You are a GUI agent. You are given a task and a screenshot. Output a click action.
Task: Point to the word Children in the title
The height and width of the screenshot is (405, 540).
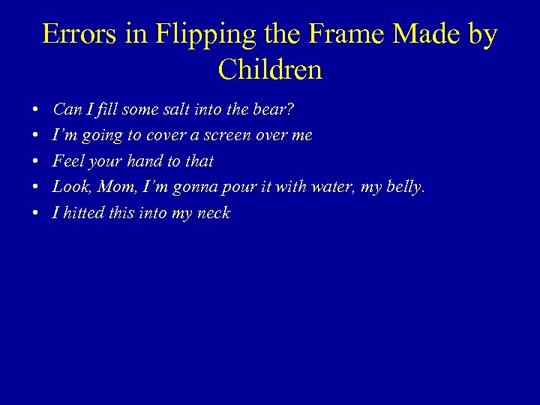coord(270,70)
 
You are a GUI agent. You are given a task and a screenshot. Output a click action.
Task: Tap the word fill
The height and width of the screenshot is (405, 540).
coord(106,109)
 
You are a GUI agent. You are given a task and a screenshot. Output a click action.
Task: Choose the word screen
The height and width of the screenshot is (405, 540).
coord(226,136)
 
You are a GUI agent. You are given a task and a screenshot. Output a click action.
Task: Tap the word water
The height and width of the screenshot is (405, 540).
coord(331,187)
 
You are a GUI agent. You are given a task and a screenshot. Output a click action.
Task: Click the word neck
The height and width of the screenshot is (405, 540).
coord(214,213)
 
